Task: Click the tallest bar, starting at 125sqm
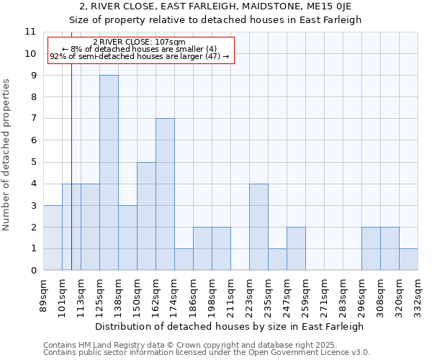click(x=109, y=173)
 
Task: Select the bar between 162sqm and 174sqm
click(x=165, y=194)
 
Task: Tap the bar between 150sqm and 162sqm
click(x=146, y=216)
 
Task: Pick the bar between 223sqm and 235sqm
click(x=258, y=227)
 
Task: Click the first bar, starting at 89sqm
click(x=53, y=238)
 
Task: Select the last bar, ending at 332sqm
click(x=408, y=259)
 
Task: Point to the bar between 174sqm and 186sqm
click(x=184, y=259)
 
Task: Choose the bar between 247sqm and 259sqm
click(x=296, y=248)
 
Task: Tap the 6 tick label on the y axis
click(x=33, y=140)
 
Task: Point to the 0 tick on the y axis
click(x=33, y=271)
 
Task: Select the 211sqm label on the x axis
click(x=230, y=294)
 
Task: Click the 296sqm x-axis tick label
click(x=361, y=294)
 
